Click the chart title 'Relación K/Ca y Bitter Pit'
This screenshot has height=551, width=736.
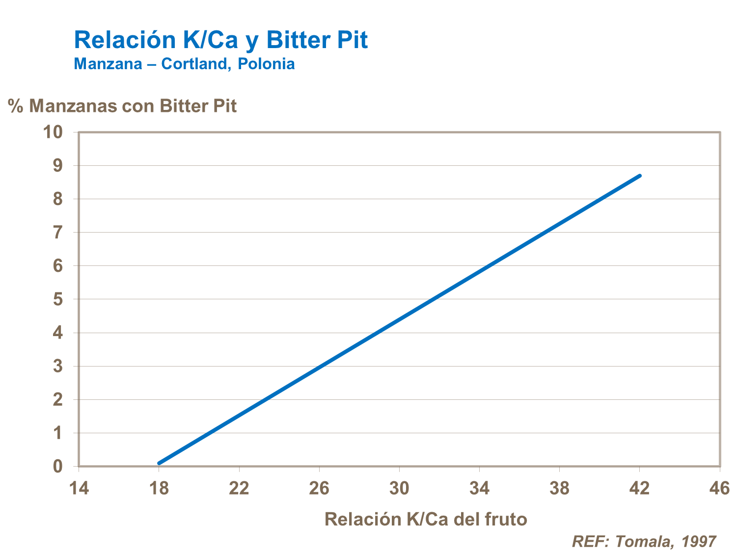(x=220, y=40)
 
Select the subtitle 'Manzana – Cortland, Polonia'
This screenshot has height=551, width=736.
(x=184, y=64)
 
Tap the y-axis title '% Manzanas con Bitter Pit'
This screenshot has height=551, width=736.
(x=122, y=106)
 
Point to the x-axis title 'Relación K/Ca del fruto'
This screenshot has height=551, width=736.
(x=426, y=519)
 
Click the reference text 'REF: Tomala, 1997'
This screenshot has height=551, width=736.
(x=644, y=541)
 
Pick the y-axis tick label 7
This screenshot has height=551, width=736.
(x=58, y=233)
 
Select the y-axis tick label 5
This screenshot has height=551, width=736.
(x=58, y=299)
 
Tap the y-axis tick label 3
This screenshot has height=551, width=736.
(x=58, y=367)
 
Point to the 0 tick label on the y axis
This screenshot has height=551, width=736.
(x=58, y=467)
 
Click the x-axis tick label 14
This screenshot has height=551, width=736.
(x=79, y=489)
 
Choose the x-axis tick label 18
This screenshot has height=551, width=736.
(x=159, y=489)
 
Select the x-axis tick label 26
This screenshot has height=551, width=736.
(x=319, y=489)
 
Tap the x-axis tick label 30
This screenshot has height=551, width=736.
(x=399, y=489)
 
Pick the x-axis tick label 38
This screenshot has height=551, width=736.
(x=559, y=489)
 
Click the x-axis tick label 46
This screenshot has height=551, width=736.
(x=719, y=489)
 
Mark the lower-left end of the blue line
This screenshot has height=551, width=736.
(x=159, y=463)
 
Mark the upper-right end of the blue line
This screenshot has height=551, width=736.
(x=639, y=176)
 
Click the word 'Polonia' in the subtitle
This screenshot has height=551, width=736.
(x=266, y=64)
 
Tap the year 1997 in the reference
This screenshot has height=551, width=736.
(x=698, y=541)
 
